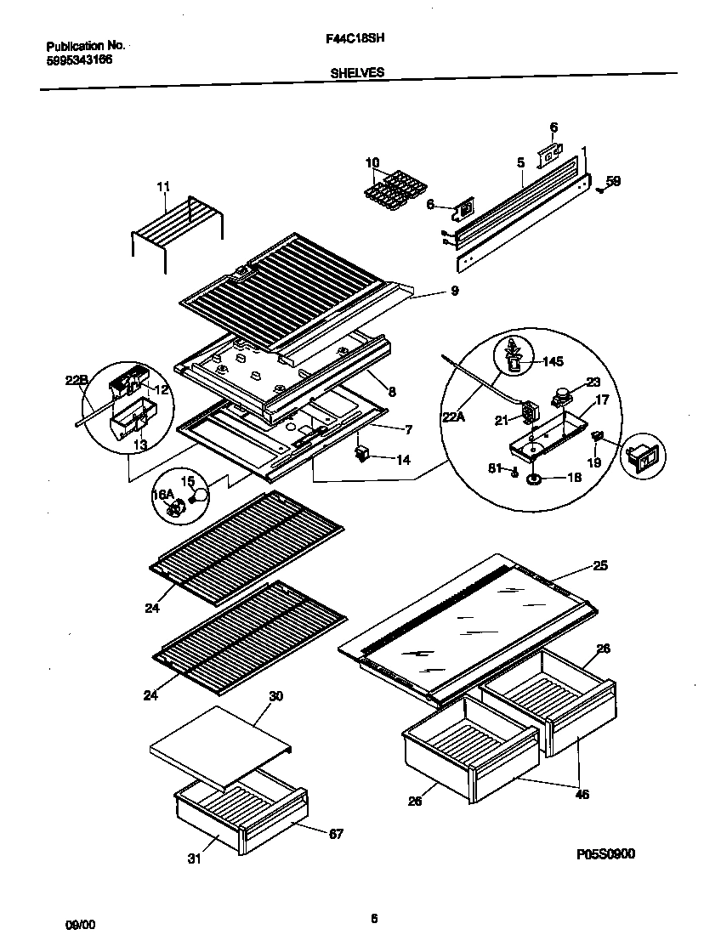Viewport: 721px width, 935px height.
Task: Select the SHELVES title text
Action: [x=356, y=73]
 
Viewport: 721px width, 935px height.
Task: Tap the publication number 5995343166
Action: [x=79, y=59]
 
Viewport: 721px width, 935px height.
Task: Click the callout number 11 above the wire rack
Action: [x=163, y=185]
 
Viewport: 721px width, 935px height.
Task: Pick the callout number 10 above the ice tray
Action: [x=372, y=161]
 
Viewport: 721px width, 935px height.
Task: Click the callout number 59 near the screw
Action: [x=613, y=180]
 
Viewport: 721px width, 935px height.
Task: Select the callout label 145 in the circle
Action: [x=552, y=361]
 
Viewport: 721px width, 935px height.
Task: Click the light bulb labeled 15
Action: [x=201, y=495]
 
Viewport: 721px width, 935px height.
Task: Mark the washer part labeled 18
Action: [x=535, y=479]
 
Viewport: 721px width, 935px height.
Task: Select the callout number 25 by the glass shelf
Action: [x=600, y=565]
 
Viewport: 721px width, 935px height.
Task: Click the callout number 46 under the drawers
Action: [x=582, y=795]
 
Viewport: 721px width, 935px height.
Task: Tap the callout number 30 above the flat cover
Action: [x=275, y=695]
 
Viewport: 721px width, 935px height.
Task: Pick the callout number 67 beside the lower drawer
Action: [x=336, y=834]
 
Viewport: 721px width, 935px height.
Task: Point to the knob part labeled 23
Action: [x=560, y=394]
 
